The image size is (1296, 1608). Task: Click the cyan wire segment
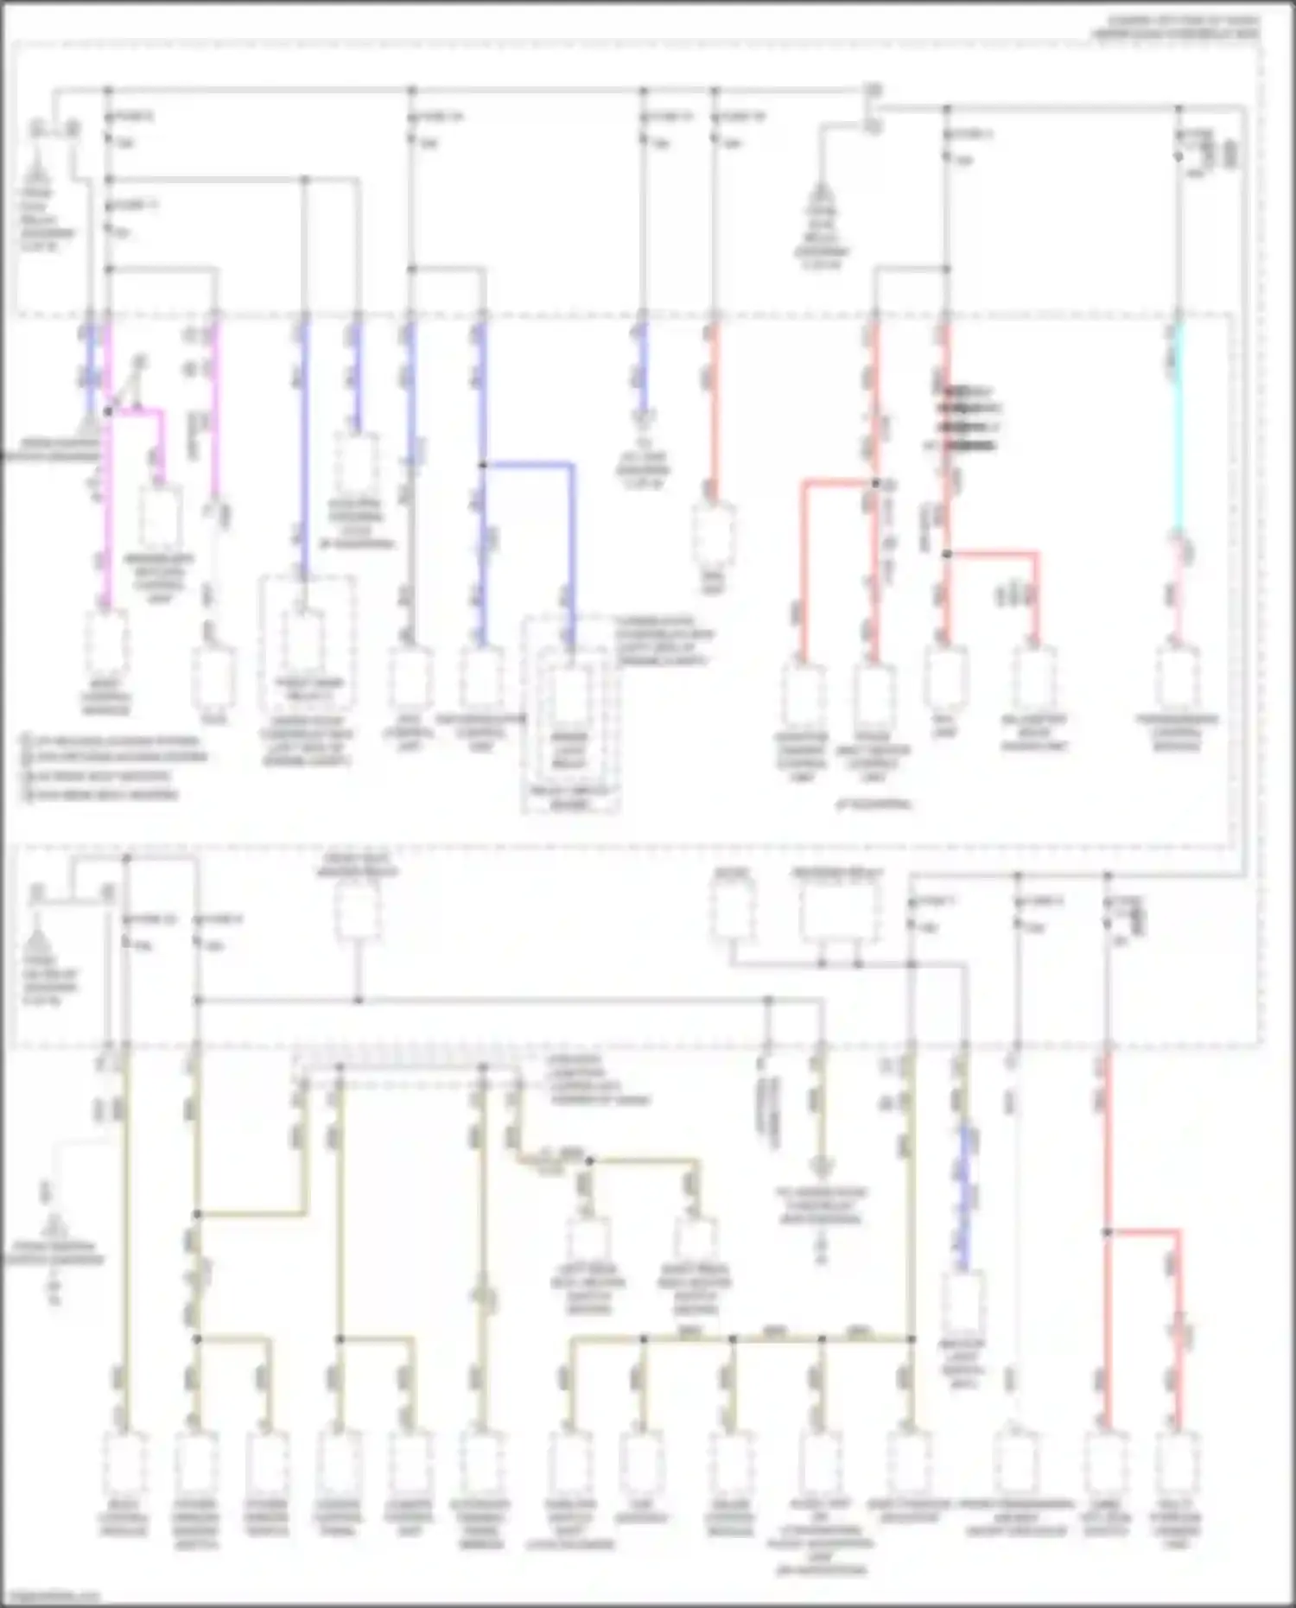point(1178,432)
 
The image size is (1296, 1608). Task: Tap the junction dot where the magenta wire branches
point(107,412)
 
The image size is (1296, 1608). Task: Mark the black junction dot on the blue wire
point(483,465)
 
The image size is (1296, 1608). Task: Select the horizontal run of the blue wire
point(527,465)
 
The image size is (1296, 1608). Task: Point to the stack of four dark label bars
point(970,418)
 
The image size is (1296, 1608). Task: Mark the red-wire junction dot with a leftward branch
point(874,483)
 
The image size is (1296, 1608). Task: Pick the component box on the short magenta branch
point(161,518)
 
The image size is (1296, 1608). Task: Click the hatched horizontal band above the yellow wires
point(406,1058)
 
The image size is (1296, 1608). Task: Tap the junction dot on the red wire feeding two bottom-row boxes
point(1107,1231)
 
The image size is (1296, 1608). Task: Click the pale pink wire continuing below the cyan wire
point(1178,588)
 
